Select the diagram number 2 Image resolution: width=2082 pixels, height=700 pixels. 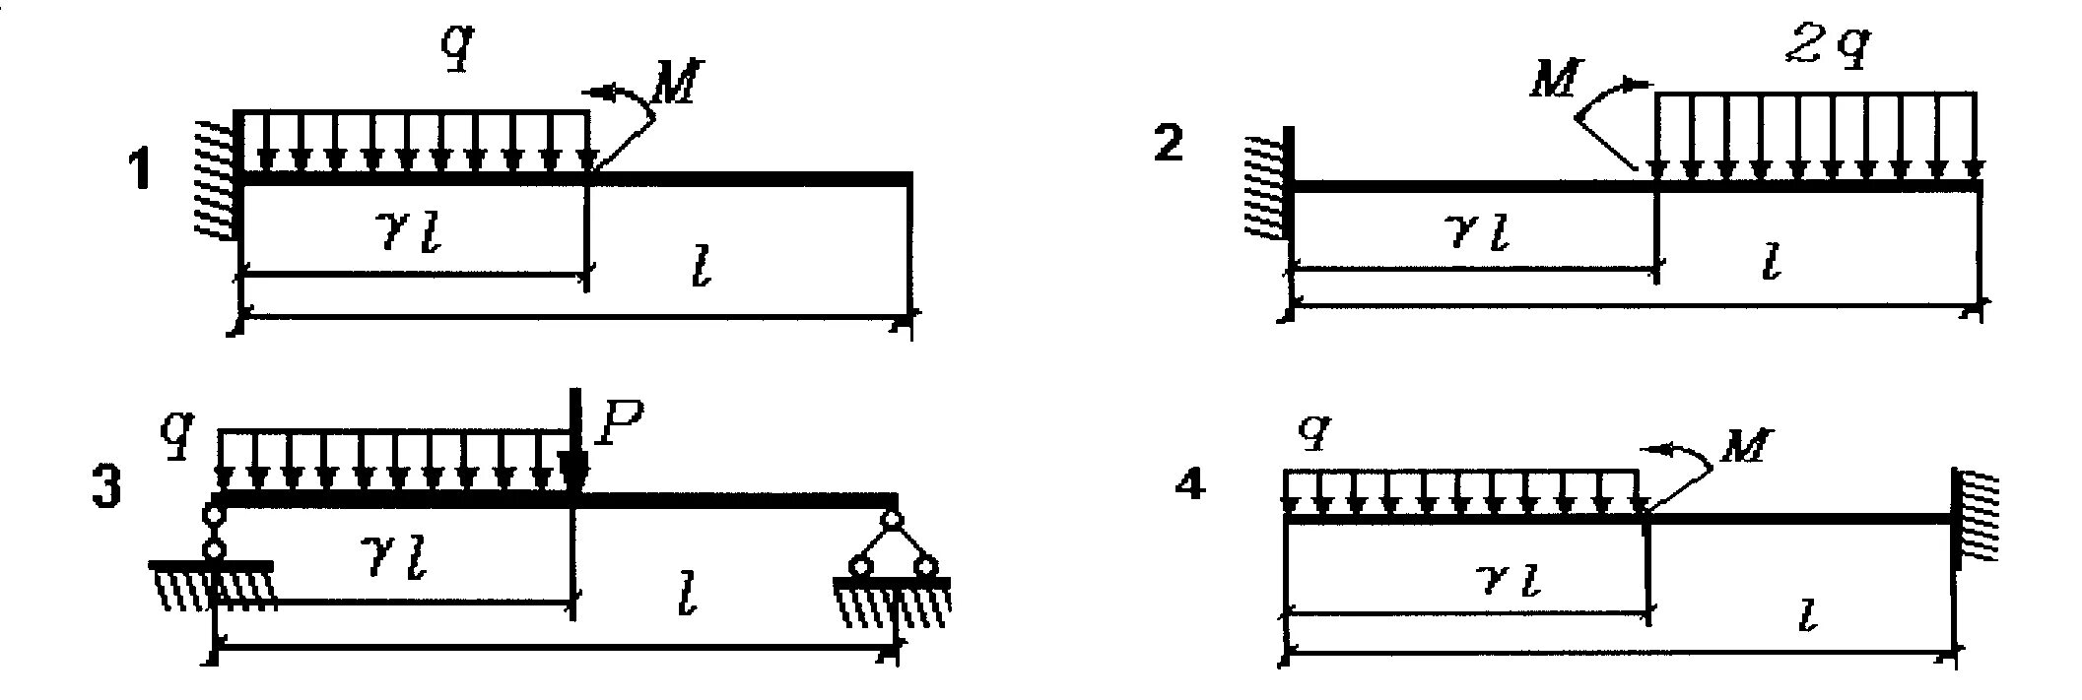pos(1168,145)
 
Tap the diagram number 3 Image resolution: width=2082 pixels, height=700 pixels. pos(106,488)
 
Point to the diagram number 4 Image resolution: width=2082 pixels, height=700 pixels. pos(1191,484)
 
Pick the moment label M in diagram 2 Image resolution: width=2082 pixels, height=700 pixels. pos(1555,81)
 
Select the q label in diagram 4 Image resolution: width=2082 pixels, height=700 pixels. pos(1314,431)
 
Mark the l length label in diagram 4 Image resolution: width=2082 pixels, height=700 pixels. pos(1806,616)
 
